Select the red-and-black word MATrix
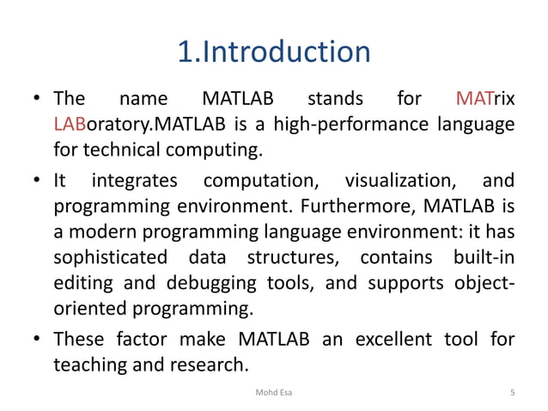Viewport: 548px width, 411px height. tap(485, 100)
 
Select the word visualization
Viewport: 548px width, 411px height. tap(401, 181)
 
